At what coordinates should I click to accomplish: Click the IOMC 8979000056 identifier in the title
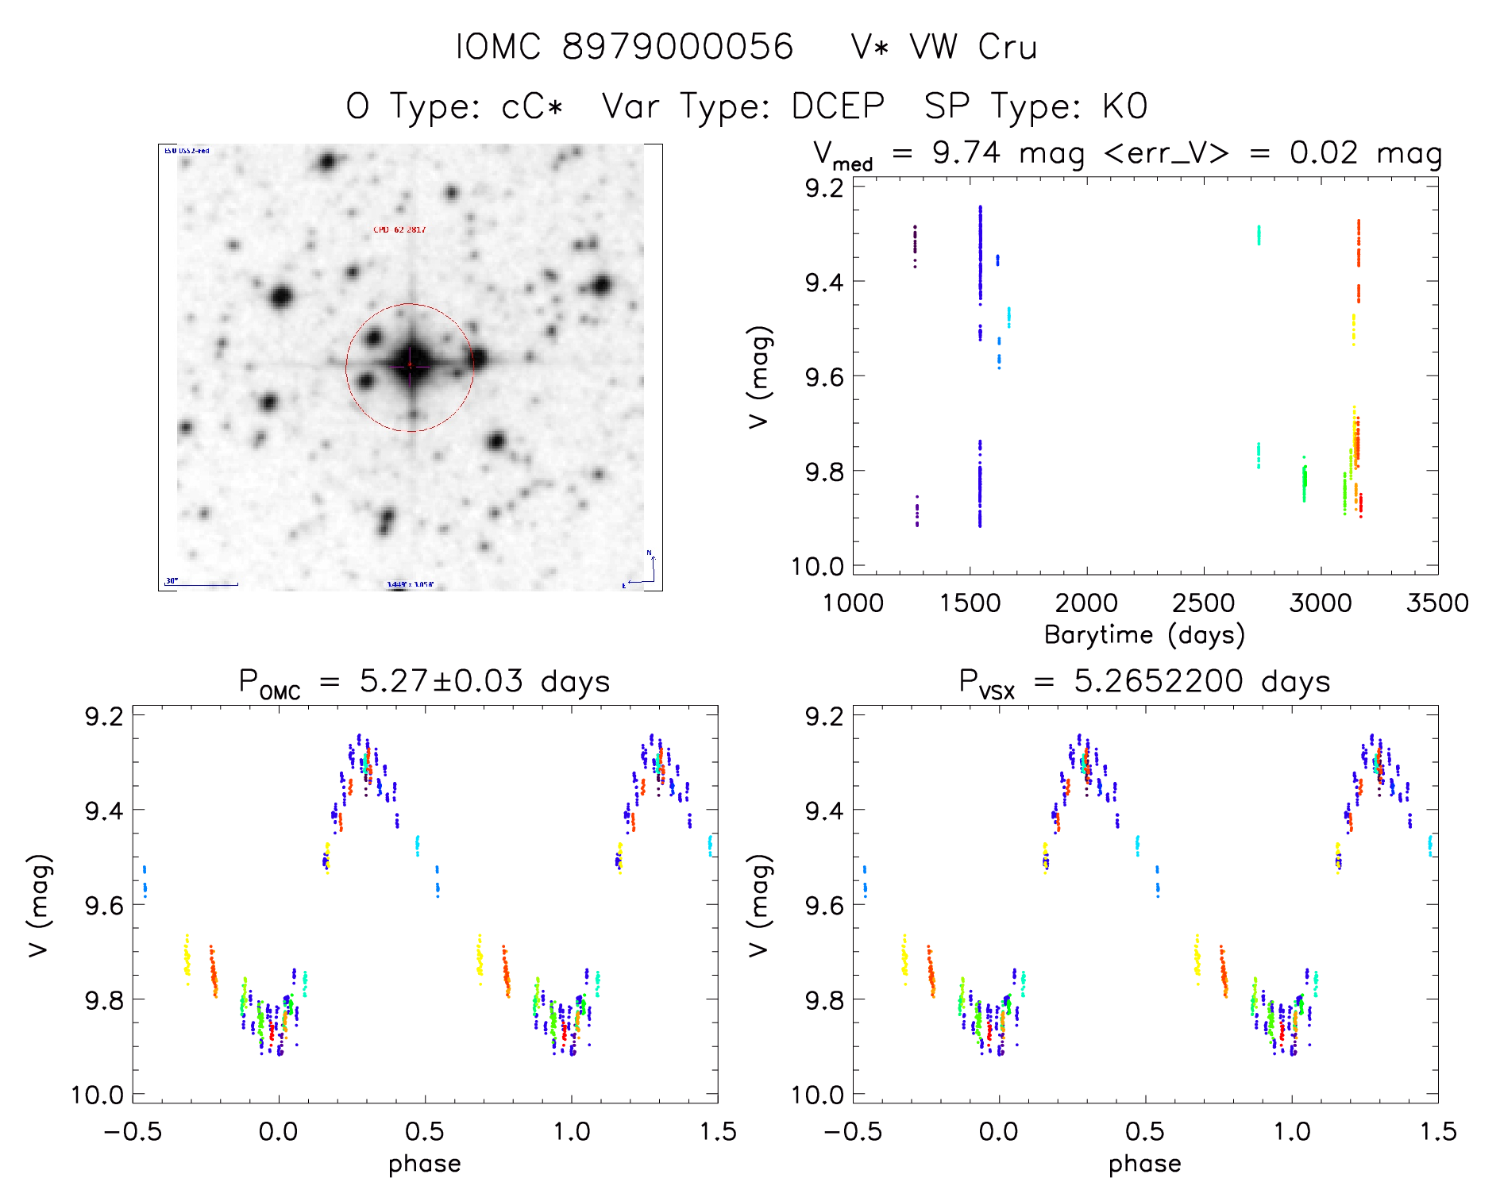624,47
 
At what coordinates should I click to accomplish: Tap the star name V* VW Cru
943,47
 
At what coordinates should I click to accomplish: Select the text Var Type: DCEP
743,106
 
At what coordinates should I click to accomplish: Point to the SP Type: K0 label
1035,106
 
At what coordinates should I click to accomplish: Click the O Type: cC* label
454,106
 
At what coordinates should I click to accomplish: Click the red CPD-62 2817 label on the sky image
399,230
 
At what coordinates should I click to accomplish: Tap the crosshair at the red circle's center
410,365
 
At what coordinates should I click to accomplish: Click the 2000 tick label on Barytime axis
1085,603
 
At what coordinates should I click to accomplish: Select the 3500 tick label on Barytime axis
1436,603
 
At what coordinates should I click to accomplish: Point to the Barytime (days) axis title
1144,635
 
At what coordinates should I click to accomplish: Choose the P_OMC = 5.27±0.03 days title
424,682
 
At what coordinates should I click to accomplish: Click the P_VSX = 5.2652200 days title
1144,682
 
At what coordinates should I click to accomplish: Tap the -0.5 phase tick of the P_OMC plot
133,1131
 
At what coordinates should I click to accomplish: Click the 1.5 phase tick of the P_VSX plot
1436,1131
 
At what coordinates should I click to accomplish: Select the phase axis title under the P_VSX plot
1144,1164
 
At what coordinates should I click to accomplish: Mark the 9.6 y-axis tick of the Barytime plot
824,376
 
